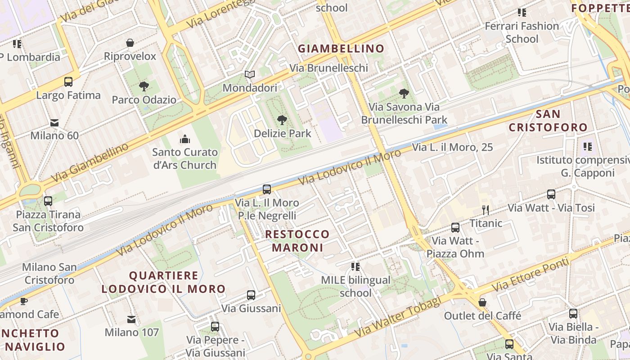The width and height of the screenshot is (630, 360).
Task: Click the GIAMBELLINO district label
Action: coord(342,49)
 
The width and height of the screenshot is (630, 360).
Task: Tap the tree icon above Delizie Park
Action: coord(282,120)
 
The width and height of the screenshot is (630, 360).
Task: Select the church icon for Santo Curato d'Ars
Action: coord(184,139)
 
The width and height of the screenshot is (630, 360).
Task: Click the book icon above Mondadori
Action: coord(250,74)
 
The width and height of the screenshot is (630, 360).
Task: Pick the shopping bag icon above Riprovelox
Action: coord(130,43)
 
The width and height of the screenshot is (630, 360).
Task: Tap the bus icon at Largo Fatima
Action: coord(68,82)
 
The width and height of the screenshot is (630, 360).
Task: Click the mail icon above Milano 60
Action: coord(54,122)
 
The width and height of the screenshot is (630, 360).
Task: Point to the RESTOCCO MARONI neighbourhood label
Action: coord(297,241)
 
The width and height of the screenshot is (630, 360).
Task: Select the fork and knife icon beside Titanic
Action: coord(486,210)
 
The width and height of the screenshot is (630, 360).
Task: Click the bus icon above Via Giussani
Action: coord(251,295)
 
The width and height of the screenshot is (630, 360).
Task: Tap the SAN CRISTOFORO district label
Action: coord(548,121)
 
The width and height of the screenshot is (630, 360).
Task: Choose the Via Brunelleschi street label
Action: coord(328,68)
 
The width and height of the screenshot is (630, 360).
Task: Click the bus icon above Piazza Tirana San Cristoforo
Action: coord(48,201)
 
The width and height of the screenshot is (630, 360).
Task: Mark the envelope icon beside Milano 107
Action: coord(131,319)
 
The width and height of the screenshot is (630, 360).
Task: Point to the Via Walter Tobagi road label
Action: coord(397,319)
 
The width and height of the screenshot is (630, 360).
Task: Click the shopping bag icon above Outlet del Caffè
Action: coord(482,302)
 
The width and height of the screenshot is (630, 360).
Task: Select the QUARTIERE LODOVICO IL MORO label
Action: coord(163,282)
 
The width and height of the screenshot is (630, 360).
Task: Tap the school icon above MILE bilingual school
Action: coord(355,267)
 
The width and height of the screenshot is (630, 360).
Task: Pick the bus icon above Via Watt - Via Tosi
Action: coord(551,194)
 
